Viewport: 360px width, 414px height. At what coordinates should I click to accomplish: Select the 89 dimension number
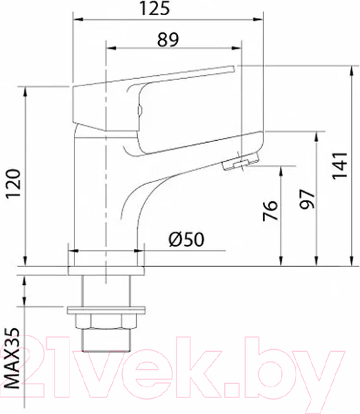pyautogui.click(x=168, y=40)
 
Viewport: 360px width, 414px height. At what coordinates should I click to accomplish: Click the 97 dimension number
pyautogui.click(x=308, y=199)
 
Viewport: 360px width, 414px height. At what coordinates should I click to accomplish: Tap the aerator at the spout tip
pyautogui.click(x=237, y=163)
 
